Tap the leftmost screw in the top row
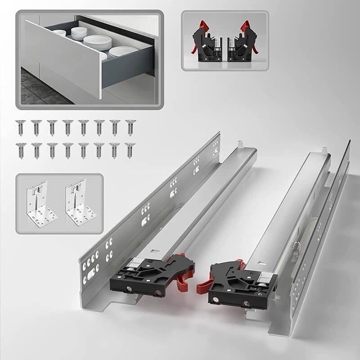20,127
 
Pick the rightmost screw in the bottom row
130,150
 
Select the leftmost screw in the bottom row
20,150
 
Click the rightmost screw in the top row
130,127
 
